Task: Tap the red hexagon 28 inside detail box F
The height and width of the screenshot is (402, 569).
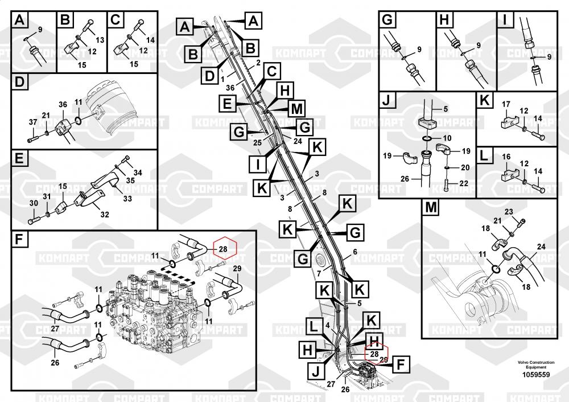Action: click(223, 249)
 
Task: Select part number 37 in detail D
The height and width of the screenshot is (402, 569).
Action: click(32, 122)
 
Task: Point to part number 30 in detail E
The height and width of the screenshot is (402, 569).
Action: click(34, 203)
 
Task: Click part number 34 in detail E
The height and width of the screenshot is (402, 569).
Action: click(138, 173)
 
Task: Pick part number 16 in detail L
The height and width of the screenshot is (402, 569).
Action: click(505, 155)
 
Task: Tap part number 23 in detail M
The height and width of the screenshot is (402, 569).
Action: click(509, 212)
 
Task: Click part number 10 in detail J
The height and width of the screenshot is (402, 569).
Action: click(447, 138)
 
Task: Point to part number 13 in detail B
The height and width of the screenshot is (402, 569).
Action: click(100, 40)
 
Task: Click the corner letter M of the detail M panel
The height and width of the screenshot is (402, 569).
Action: click(430, 209)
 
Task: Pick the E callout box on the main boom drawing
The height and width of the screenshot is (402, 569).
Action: click(228, 105)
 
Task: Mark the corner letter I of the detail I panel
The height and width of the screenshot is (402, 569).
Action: click(504, 20)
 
